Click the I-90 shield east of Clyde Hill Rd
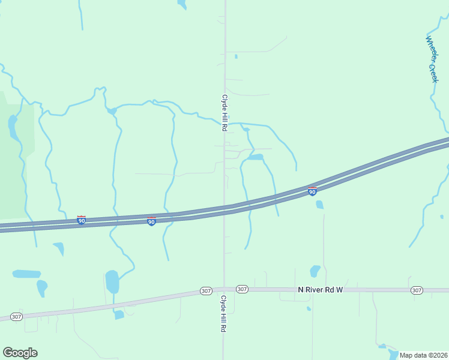pos(312,191)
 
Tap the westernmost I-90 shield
pos(81,220)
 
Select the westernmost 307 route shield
pos(16,316)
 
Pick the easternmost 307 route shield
pos(417,290)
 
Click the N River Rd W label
pos(320,290)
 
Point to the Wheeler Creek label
pos(433,59)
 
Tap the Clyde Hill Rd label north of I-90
pos(224,113)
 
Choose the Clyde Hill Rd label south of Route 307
pos(223,314)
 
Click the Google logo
pos(20,353)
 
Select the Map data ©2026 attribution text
pos(423,355)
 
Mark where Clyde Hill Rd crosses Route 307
pos(224,289)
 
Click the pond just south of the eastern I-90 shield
pos(319,205)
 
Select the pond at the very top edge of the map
pos(181,4)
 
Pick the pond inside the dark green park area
pos(12,126)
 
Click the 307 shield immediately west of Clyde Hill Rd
pos(206,291)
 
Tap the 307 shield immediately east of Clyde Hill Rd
pos(242,289)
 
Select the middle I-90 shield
pos(151,221)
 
